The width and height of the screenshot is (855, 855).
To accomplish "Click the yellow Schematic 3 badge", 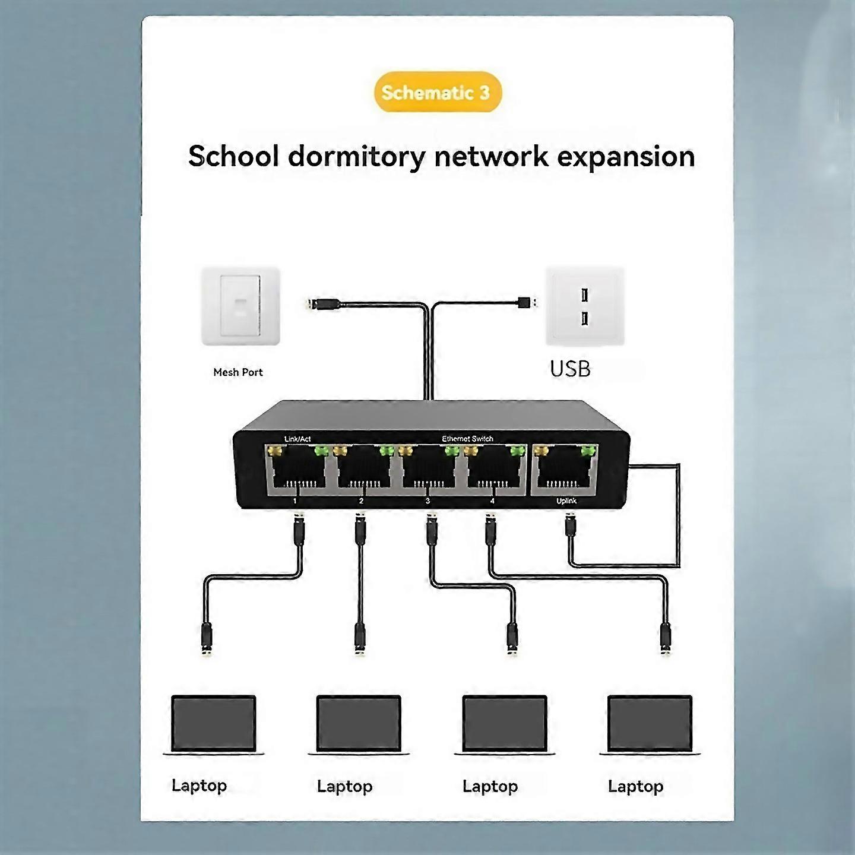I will click(438, 92).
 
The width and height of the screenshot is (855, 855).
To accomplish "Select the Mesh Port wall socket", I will click(240, 306).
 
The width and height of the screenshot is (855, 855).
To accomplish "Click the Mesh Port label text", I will click(237, 372).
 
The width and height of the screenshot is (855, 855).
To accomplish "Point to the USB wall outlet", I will click(585, 306).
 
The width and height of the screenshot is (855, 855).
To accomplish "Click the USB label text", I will click(570, 369).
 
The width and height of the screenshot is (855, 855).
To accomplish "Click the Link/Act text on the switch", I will click(297, 439).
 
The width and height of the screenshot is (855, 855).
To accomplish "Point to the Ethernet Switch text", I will click(467, 439).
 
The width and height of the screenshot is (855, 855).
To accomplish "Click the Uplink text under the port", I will click(566, 501).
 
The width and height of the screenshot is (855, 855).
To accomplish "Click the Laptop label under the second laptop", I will click(344, 786).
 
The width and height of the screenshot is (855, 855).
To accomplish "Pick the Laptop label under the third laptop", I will click(490, 786).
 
